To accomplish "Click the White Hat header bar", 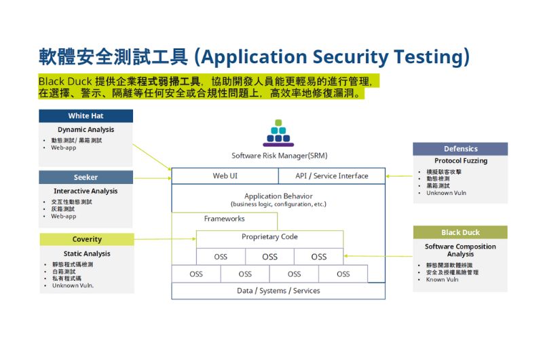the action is (86, 115).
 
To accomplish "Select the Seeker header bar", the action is (86, 177).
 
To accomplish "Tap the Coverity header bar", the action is (87, 239).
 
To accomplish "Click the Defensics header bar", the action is (460, 149).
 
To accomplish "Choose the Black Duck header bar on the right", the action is (460, 232).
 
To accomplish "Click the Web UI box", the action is (225, 176).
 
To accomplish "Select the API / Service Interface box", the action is (332, 176).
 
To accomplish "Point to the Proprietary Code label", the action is (269, 236).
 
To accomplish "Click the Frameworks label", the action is (225, 219).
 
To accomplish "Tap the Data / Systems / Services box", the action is (278, 291).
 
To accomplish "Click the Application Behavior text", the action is (278, 196).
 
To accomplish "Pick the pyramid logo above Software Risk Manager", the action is (278, 133).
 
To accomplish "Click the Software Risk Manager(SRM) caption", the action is (280, 156).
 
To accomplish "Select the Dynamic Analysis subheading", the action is (86, 130).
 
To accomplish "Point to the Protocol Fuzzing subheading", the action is (461, 161).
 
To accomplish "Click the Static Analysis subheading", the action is (87, 253).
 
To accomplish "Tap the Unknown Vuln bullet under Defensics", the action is (446, 193).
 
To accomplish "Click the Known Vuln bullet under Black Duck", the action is (442, 280).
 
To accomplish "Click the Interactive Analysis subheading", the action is (86, 191).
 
